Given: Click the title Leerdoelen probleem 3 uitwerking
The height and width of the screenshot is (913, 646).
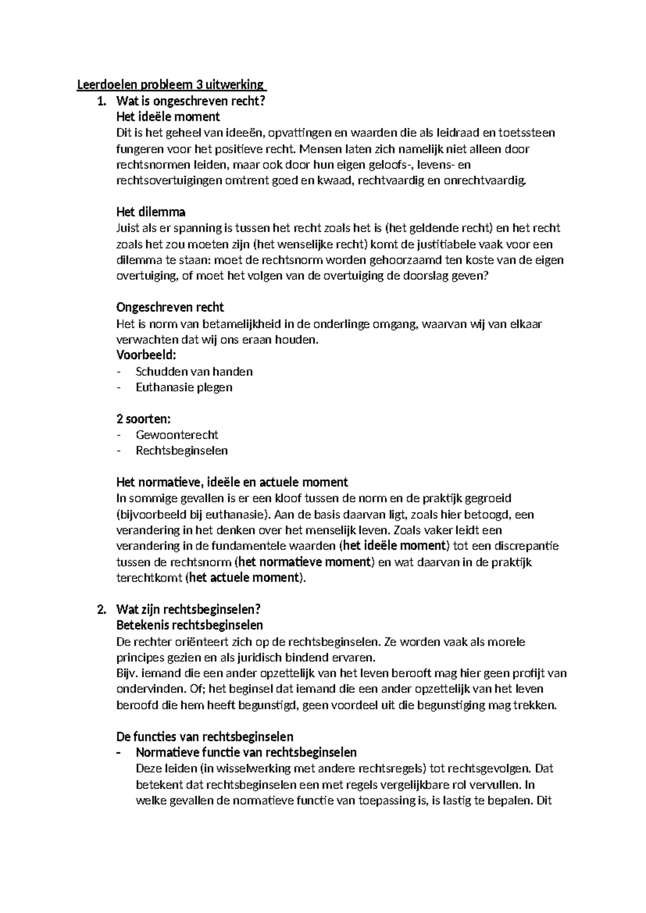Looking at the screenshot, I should tap(171, 85).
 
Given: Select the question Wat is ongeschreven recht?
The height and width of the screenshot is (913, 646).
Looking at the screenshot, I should tap(191, 101).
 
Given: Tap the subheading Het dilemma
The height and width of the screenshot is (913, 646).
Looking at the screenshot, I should tap(151, 212).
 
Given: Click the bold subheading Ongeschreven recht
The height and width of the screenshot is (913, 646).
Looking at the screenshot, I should tap(170, 307).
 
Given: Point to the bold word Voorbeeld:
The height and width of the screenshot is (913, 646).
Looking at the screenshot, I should tap(146, 355).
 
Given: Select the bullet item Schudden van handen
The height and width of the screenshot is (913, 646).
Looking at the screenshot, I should tap(194, 371).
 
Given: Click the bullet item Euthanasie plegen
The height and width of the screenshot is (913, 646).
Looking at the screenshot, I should tap(184, 387).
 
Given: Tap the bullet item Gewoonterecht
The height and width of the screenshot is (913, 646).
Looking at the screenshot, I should tap(177, 434).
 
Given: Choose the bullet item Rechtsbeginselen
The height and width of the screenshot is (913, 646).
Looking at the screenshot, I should tap(181, 451).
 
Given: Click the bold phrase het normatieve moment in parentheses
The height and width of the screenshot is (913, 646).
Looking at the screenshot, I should tap(305, 562).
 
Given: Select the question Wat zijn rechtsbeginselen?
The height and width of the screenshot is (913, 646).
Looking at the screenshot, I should tap(188, 609).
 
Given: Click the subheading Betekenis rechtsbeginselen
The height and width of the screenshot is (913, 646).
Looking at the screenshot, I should tap(189, 626).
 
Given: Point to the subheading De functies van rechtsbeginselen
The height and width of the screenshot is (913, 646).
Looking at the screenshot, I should tap(205, 736).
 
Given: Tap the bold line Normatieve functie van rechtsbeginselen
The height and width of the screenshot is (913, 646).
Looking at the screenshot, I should tap(246, 752).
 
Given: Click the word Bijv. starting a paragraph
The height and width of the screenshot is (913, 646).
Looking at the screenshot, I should tap(127, 673).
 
